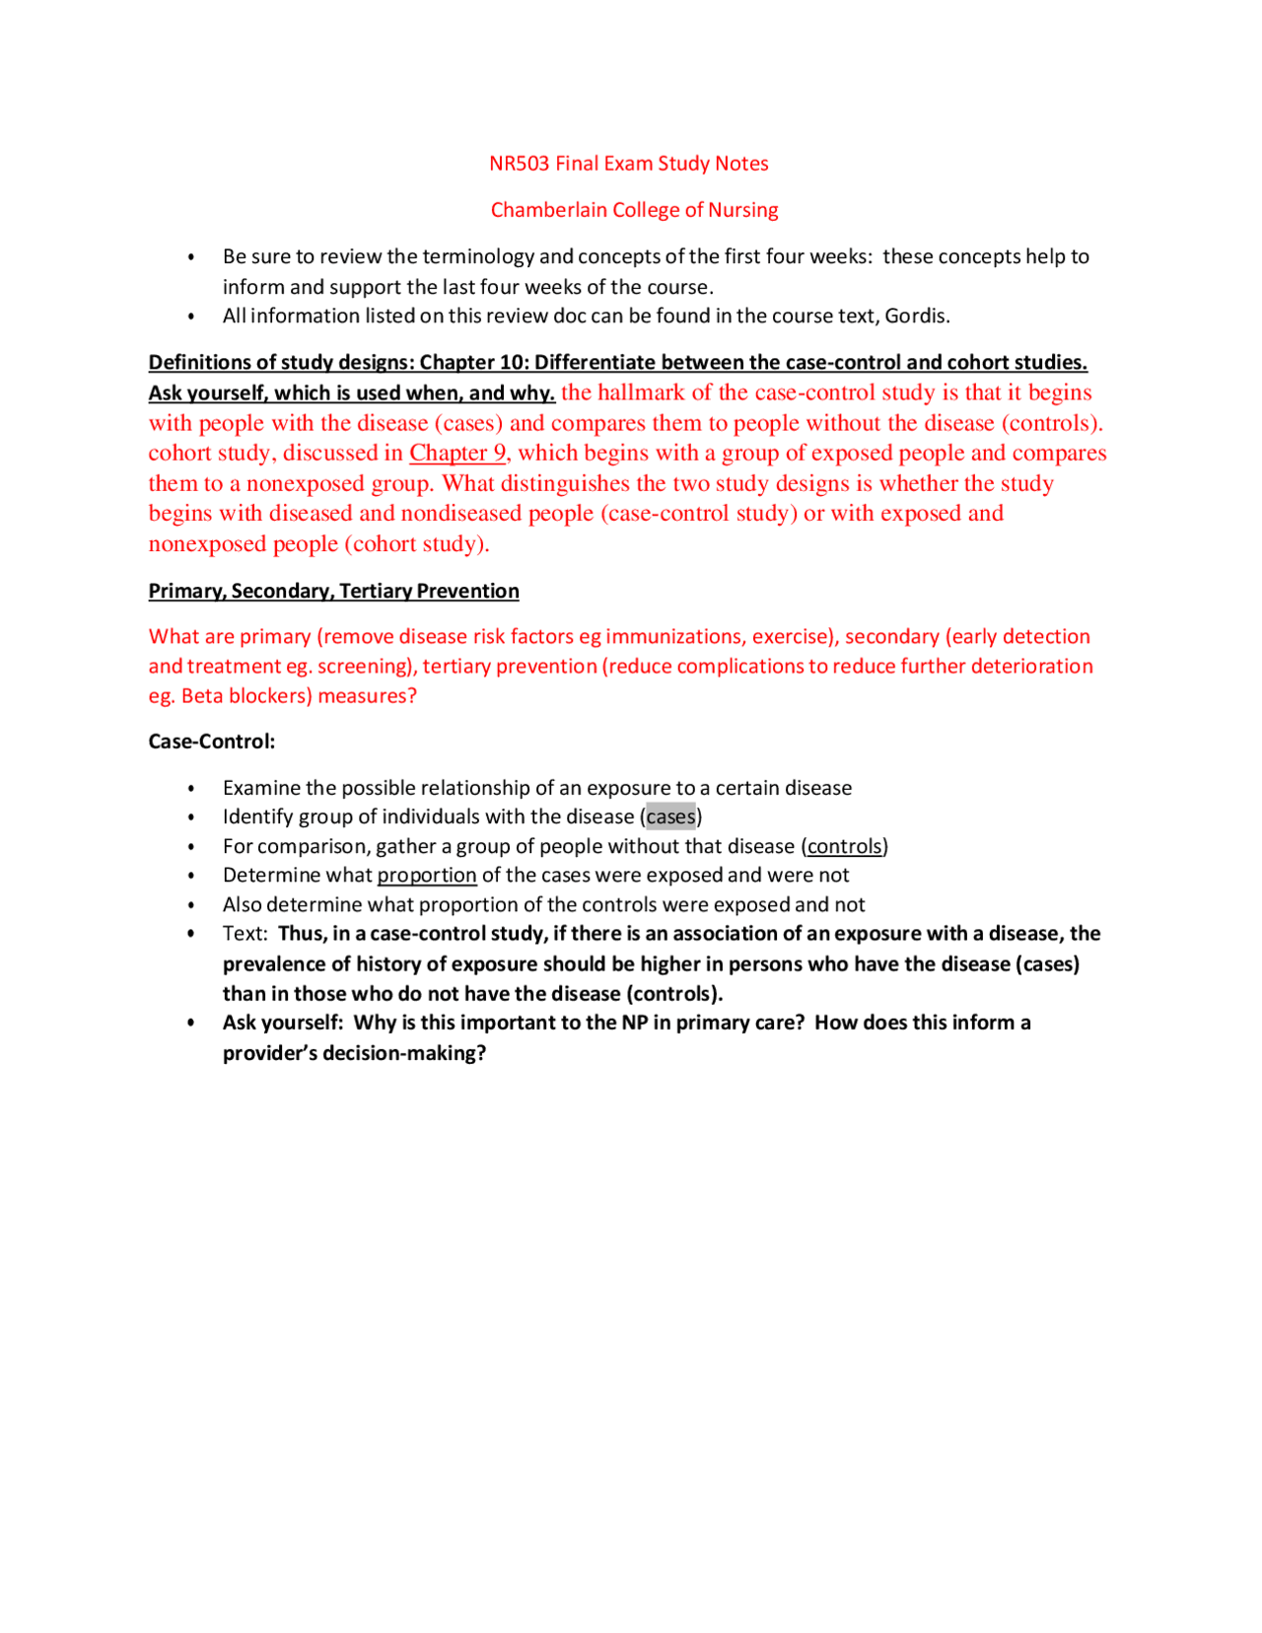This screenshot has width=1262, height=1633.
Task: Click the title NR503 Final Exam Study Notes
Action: tap(628, 164)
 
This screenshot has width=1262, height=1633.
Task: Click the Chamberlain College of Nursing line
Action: tap(634, 210)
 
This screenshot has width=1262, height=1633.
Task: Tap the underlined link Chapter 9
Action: tap(457, 453)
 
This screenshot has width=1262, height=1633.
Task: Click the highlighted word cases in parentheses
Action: tap(670, 816)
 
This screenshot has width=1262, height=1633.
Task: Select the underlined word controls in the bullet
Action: tap(844, 846)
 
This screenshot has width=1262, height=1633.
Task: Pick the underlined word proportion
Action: tap(427, 875)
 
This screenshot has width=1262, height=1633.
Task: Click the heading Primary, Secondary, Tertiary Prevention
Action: tap(333, 591)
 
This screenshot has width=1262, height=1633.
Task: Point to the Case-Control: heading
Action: tap(212, 742)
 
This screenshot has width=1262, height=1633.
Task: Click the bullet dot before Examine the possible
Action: tap(191, 788)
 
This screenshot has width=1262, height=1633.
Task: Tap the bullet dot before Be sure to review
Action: tap(191, 257)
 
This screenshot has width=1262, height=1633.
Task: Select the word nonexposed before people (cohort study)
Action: tap(207, 544)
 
